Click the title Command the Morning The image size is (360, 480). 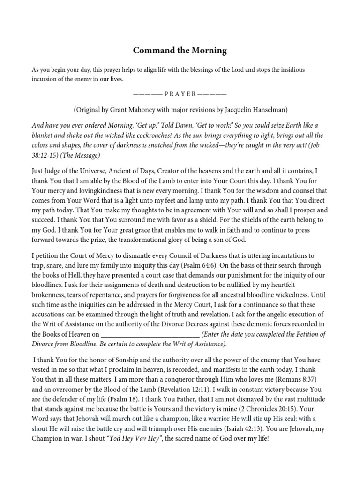[180, 50]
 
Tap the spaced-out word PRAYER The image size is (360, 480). [180, 93]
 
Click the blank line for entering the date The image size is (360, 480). [150, 334]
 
